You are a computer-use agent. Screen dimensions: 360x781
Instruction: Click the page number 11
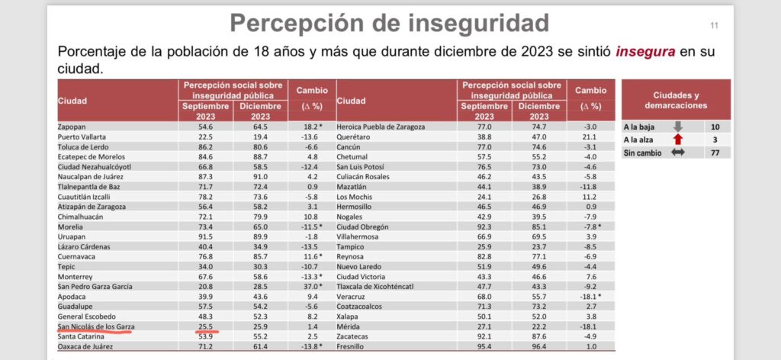(x=715, y=27)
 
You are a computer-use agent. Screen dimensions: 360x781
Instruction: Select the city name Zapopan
(x=72, y=127)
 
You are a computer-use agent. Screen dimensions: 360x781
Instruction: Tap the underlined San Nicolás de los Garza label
(x=95, y=326)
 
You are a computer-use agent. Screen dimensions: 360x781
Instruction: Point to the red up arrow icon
(x=677, y=140)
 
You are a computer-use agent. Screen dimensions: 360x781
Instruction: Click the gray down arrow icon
(x=677, y=127)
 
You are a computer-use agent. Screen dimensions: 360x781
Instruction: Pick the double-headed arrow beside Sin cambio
(x=677, y=153)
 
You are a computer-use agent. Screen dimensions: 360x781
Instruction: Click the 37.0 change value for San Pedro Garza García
(x=309, y=286)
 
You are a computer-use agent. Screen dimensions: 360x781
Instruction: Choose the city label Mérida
(x=349, y=326)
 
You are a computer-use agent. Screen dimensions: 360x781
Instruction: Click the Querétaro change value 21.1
(x=590, y=137)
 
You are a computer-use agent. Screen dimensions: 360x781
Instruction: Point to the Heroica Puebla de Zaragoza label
(x=381, y=127)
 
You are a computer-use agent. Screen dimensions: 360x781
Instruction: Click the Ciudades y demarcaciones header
(x=675, y=100)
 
